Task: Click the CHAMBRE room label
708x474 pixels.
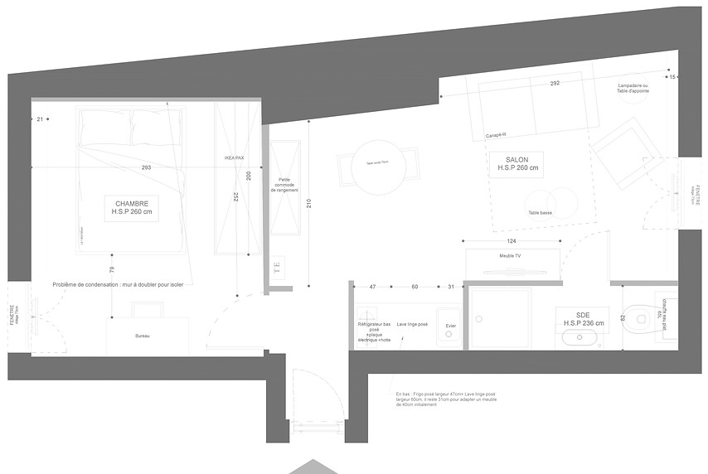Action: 133,207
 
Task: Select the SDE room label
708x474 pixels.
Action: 584,318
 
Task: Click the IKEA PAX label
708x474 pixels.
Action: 234,157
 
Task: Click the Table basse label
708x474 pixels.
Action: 540,213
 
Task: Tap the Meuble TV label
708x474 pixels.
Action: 510,256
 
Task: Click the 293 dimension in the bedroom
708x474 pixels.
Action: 146,167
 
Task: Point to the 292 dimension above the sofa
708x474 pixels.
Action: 555,84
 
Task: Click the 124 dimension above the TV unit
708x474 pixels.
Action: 512,241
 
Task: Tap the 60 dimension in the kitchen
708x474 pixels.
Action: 415,287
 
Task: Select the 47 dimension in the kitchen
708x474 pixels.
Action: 372,287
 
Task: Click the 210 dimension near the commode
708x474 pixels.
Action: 308,203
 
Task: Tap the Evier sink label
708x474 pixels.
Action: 450,326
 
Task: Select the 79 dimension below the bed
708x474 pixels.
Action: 111,269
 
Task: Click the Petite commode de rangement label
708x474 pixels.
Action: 284,184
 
